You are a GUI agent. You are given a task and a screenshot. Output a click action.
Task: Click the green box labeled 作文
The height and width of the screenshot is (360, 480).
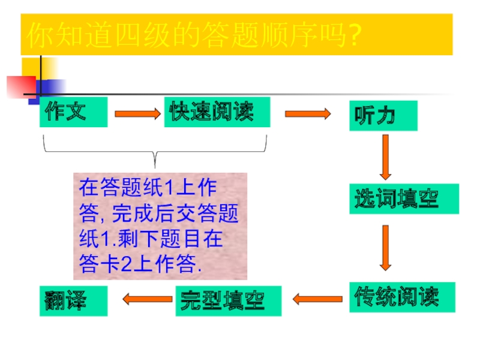pos(73,112)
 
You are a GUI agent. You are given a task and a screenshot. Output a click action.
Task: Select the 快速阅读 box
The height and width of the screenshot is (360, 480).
pos(217,112)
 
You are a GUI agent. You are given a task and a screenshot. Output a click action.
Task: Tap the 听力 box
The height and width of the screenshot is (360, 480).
pos(383,115)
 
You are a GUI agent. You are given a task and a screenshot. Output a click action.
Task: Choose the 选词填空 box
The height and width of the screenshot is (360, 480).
pos(404,199)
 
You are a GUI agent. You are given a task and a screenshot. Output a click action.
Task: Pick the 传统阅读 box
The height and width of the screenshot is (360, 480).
pos(403,296)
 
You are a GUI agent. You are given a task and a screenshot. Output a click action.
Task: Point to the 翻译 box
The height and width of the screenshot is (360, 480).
pos(73,301)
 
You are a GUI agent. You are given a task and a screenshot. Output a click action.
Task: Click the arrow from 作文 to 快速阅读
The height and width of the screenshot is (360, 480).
pos(137,113)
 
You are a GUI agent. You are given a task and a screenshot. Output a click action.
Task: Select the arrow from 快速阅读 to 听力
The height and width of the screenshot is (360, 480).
pos(308,113)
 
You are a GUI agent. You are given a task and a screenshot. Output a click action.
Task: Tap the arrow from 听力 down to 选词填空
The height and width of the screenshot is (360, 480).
pos(385,157)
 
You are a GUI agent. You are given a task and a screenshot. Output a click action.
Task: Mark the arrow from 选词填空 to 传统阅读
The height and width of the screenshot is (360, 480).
pos(385,247)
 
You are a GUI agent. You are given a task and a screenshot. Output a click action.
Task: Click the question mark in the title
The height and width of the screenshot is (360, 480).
pos(354,36)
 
